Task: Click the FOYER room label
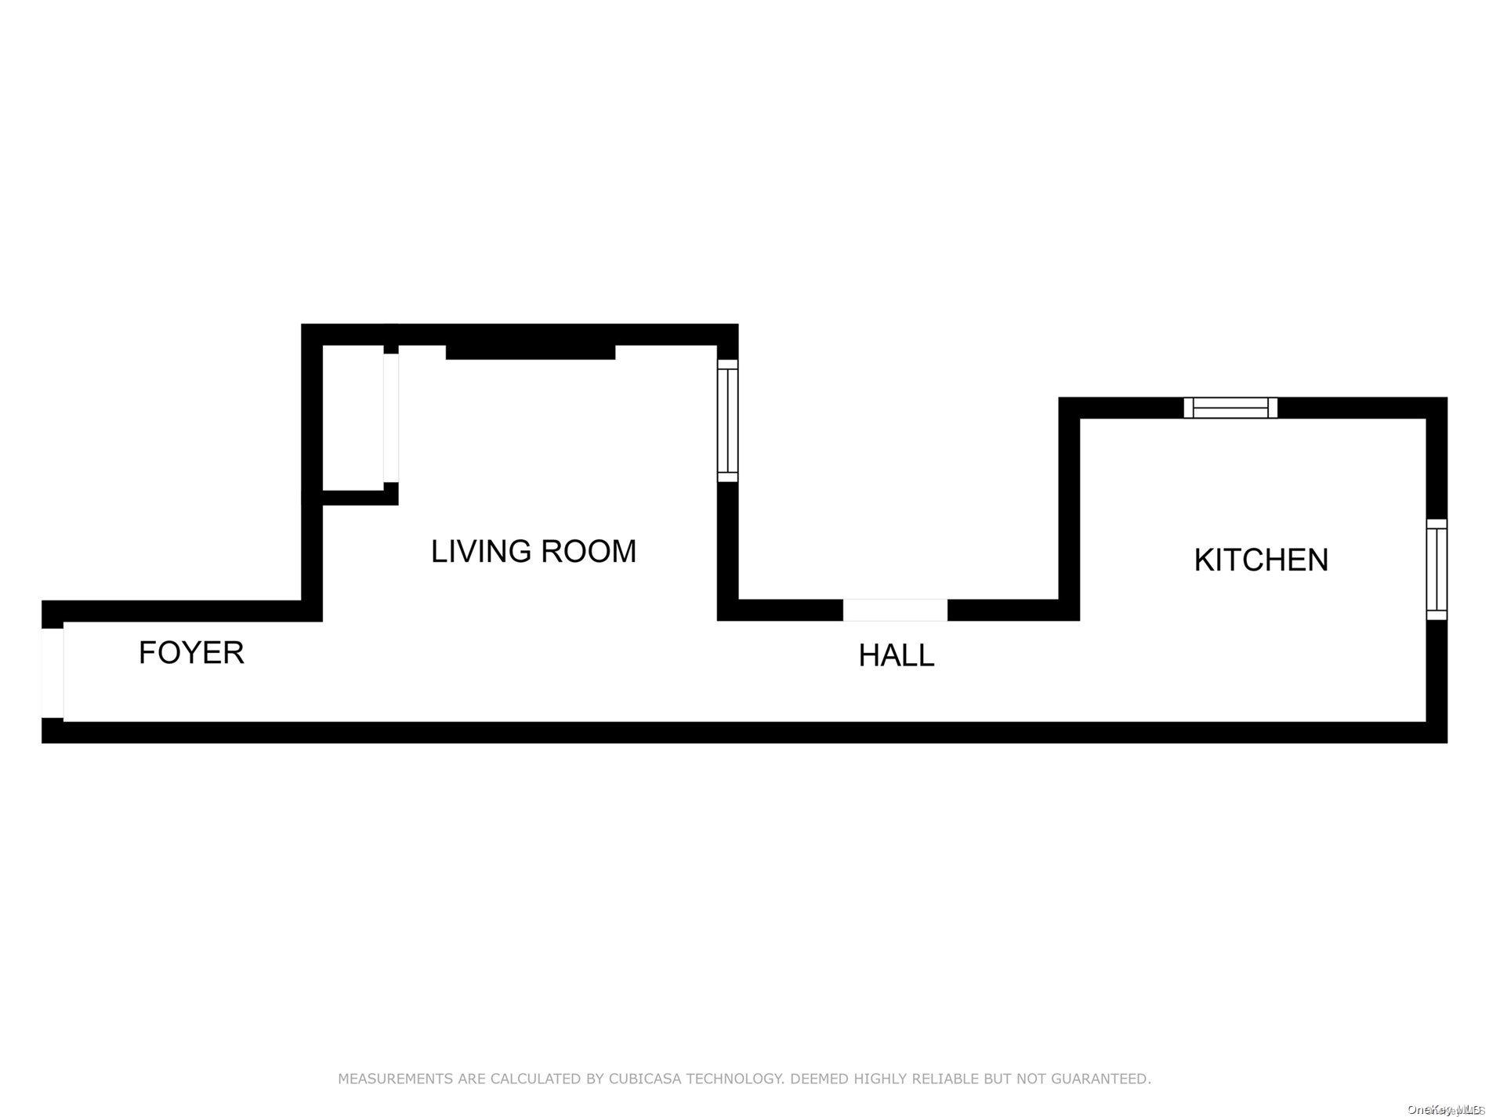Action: (x=191, y=653)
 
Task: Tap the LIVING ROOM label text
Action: (x=533, y=552)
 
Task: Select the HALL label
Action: (x=896, y=656)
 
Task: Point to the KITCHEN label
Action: (x=1260, y=560)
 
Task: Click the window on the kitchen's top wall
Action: (x=1230, y=408)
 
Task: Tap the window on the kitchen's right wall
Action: (x=1436, y=569)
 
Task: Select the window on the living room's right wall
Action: (x=727, y=421)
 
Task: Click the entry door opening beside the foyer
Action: (x=53, y=673)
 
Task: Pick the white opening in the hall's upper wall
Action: (x=895, y=610)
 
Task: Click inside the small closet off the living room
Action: (x=353, y=415)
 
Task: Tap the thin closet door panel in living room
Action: (x=390, y=417)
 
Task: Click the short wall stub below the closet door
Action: (x=390, y=494)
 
